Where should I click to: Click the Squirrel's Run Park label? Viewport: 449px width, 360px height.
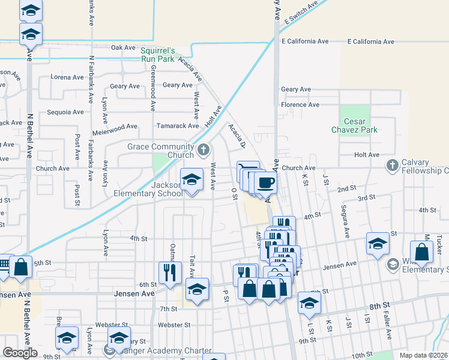157,55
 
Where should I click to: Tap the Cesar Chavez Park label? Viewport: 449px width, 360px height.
355,125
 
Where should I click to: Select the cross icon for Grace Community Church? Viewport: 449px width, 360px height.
203,149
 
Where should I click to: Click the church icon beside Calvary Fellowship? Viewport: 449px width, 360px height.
393,164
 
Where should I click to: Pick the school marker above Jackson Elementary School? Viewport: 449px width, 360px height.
191,180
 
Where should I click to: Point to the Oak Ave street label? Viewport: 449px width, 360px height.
124,47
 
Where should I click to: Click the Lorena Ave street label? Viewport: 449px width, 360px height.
67,77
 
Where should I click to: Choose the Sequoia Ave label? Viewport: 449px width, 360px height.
65,112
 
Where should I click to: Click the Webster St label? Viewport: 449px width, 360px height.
173,325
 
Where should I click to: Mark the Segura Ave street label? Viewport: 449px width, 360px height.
346,223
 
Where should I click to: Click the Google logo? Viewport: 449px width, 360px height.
20,353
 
